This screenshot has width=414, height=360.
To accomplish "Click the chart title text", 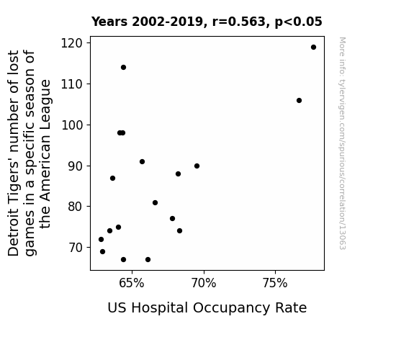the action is [207, 22].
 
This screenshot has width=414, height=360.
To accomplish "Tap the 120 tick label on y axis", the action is [72, 43].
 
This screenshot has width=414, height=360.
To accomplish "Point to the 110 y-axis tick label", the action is [72, 84].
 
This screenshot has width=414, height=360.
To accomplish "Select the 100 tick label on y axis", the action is [72, 125].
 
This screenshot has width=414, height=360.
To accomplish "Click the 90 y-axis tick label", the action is [76, 166].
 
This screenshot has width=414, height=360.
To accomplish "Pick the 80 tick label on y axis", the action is [76, 207].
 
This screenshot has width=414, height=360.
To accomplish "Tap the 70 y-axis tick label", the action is [76, 248].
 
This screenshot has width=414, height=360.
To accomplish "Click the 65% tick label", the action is [132, 283].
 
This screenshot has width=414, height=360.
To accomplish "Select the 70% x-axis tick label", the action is [204, 283].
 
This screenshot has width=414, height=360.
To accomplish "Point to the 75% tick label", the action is [275, 283].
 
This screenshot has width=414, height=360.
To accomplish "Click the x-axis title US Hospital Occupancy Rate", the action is [207, 308].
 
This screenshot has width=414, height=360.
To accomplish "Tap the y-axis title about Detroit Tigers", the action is [29, 153].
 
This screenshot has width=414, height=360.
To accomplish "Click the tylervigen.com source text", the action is [342, 143].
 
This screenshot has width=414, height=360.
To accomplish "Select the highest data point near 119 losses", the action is [313, 48].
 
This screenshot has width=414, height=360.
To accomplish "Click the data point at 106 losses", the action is [299, 100].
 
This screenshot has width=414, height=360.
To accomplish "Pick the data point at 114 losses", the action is [123, 68].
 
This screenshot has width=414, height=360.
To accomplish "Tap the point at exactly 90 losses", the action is [197, 166].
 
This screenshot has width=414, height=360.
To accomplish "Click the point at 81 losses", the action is [155, 202].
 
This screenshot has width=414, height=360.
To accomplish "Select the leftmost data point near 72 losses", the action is [101, 239].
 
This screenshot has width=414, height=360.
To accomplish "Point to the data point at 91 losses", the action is [142, 162].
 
